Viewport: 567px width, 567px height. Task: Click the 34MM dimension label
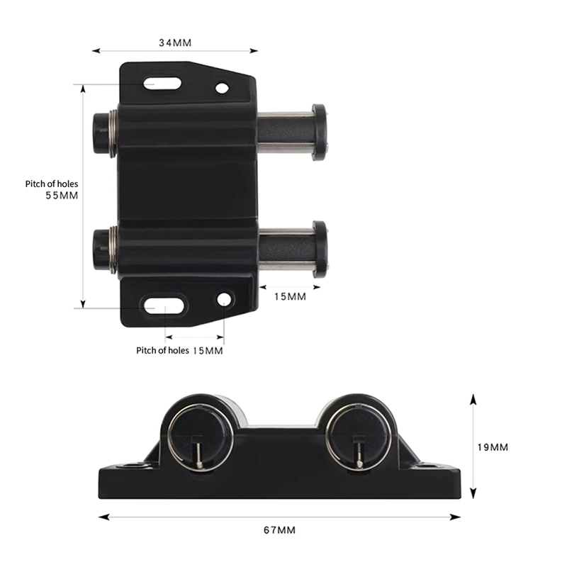pyautogui.click(x=175, y=43)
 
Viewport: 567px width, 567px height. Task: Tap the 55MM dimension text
pyautogui.click(x=62, y=196)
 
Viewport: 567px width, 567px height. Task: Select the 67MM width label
pyautogui.click(x=279, y=530)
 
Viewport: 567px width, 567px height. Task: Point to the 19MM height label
pyautogui.click(x=493, y=447)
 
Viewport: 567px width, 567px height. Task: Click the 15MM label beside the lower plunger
pyautogui.click(x=290, y=296)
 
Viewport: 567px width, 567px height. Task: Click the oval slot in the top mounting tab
pyautogui.click(x=162, y=84)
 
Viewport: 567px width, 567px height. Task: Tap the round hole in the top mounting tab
pyautogui.click(x=222, y=88)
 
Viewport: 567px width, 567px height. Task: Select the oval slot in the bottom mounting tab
pyautogui.click(x=164, y=305)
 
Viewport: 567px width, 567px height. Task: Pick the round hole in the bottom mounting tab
pyautogui.click(x=224, y=299)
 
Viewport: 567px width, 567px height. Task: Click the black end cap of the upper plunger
pyautogui.click(x=319, y=132)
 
